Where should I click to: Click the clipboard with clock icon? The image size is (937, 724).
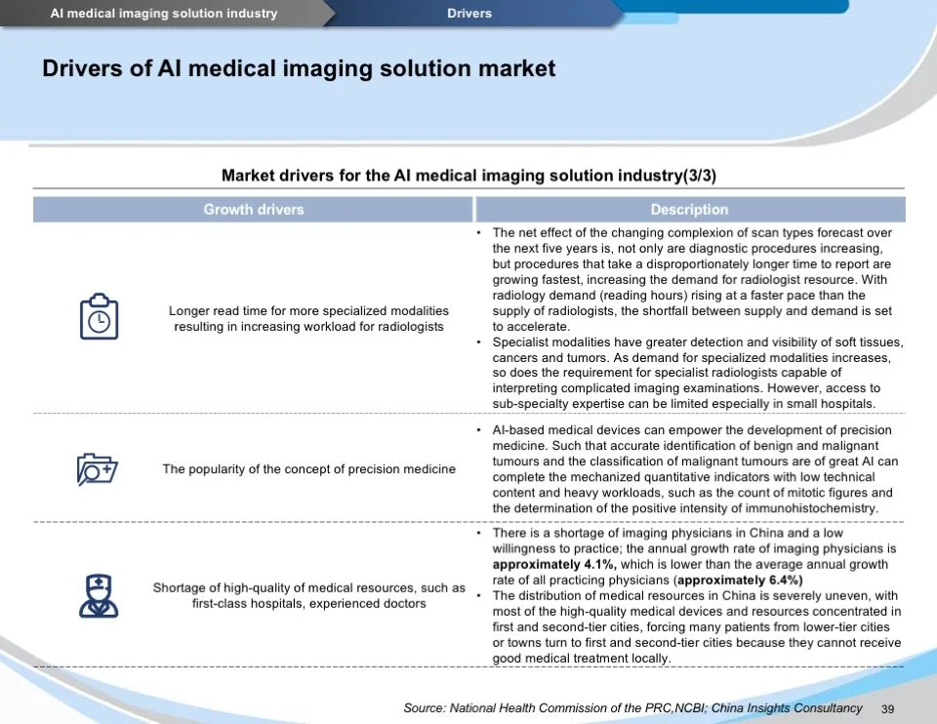pyautogui.click(x=99, y=316)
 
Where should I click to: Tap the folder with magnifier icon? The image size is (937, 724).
pyautogui.click(x=97, y=469)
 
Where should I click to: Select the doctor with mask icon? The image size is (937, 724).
pyautogui.click(x=99, y=595)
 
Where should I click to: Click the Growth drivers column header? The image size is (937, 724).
pyautogui.click(x=253, y=210)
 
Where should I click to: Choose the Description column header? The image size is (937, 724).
pyautogui.click(x=689, y=210)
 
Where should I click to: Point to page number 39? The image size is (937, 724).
pyautogui.click(x=887, y=708)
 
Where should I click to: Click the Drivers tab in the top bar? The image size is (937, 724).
pyautogui.click(x=469, y=14)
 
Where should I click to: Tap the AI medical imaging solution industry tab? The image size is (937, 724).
pyautogui.click(x=164, y=14)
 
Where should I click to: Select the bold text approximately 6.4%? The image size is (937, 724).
pyautogui.click(x=740, y=580)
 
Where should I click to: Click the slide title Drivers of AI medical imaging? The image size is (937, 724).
pyautogui.click(x=299, y=68)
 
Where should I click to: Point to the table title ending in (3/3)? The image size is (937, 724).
pyautogui.click(x=468, y=176)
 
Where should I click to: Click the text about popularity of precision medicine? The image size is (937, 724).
pyautogui.click(x=308, y=469)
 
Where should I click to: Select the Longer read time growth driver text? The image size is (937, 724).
pyautogui.click(x=308, y=318)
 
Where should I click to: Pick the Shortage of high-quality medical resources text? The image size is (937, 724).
pyautogui.click(x=308, y=595)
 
